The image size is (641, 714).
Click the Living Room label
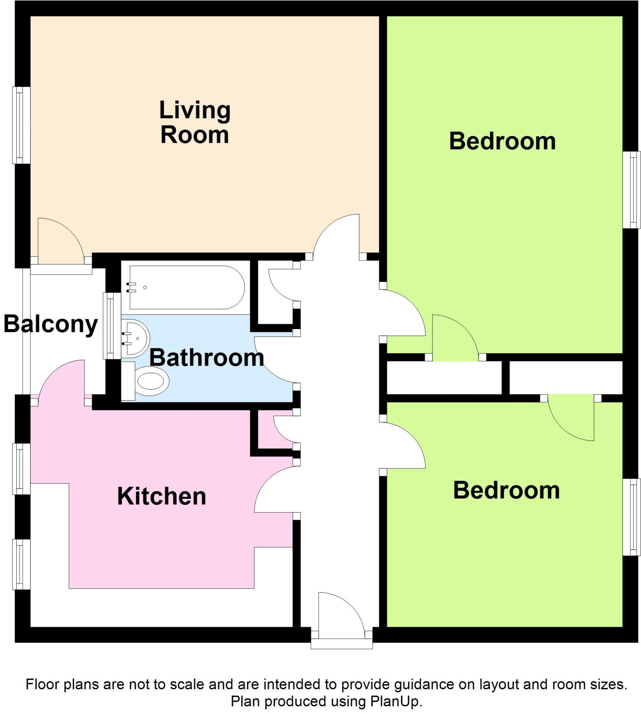[x=195, y=122]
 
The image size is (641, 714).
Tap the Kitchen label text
[x=161, y=496]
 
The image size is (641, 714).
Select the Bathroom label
[x=206, y=358]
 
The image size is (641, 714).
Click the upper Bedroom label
[x=502, y=142]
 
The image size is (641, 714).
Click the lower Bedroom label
[x=506, y=491]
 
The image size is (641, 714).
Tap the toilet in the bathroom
[x=151, y=381]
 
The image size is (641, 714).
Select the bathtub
[x=187, y=287]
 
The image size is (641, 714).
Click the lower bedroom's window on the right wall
[x=631, y=517]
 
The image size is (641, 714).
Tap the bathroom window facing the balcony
[x=109, y=326]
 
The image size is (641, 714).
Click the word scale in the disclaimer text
[x=188, y=685]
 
